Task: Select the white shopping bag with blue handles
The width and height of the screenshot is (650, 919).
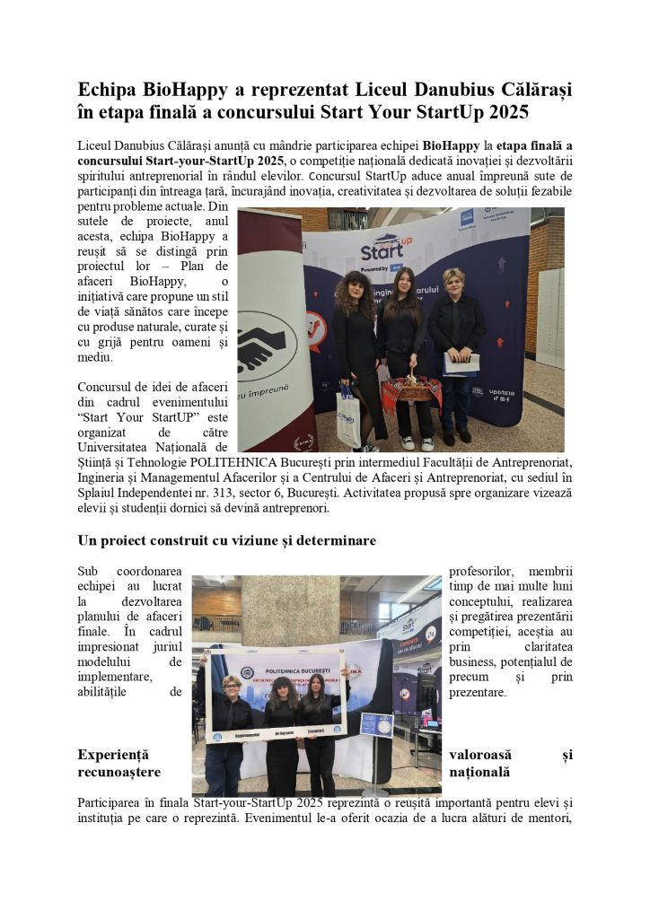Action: [348, 415]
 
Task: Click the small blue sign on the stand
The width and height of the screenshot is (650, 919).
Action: [375, 724]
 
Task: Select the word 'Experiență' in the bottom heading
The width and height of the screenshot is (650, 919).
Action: [114, 755]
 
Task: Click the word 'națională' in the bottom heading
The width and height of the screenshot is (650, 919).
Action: [479, 772]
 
